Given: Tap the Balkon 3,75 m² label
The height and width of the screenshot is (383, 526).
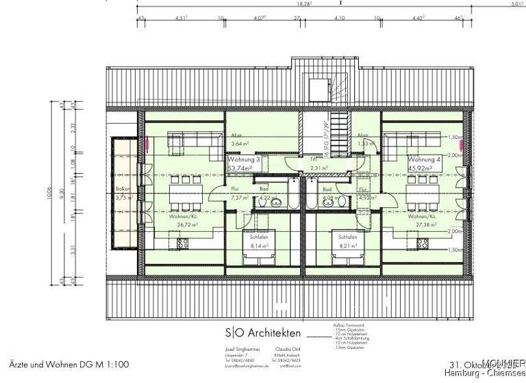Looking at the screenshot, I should pos(123,194).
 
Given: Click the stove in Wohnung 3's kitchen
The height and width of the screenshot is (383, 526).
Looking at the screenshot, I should pos(183,243).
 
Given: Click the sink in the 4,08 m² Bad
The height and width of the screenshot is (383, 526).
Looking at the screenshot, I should pos(315,202).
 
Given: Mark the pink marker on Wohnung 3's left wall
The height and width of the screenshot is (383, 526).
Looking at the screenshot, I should pos(149,145).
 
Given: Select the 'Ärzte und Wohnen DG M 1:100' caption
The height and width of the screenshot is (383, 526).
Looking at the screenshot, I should pos(69,365).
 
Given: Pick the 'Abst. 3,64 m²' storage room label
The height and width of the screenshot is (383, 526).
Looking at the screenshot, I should pos(239,140).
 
